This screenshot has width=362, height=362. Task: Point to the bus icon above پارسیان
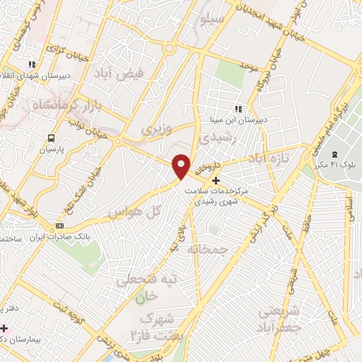(x=51, y=138)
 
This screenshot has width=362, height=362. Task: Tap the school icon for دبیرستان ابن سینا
(x=238, y=109)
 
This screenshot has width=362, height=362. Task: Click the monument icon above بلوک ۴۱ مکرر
(x=336, y=155)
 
